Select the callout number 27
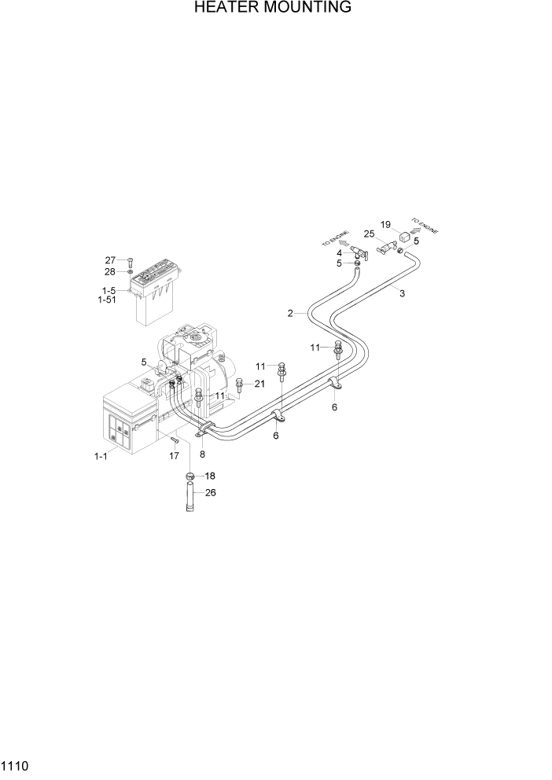(x=110, y=260)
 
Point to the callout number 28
(x=110, y=271)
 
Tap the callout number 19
(x=385, y=224)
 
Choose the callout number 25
(x=369, y=234)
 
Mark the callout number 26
(x=210, y=493)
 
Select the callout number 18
(x=209, y=476)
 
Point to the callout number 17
(x=175, y=455)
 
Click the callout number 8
(x=202, y=454)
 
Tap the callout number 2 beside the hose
(x=290, y=313)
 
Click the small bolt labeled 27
(x=131, y=261)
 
